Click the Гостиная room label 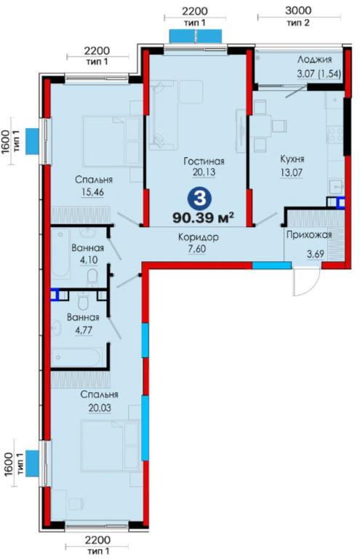click(x=204, y=161)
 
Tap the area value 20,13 click(x=204, y=172)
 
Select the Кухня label click(x=292, y=159)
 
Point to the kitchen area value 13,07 click(x=292, y=173)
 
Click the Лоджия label click(x=314, y=60)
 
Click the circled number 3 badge click(x=200, y=199)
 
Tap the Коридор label click(x=199, y=237)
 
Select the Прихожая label click(x=309, y=235)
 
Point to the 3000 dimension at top click(x=298, y=10)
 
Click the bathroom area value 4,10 click(x=89, y=260)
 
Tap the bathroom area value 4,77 click(x=83, y=330)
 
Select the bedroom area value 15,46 click(x=92, y=192)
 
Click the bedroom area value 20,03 click(x=100, y=407)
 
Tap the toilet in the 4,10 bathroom click(x=92, y=277)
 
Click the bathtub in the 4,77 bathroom click(x=76, y=357)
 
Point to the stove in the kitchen click(x=335, y=135)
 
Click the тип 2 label click(x=298, y=23)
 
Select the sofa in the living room click(x=163, y=115)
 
